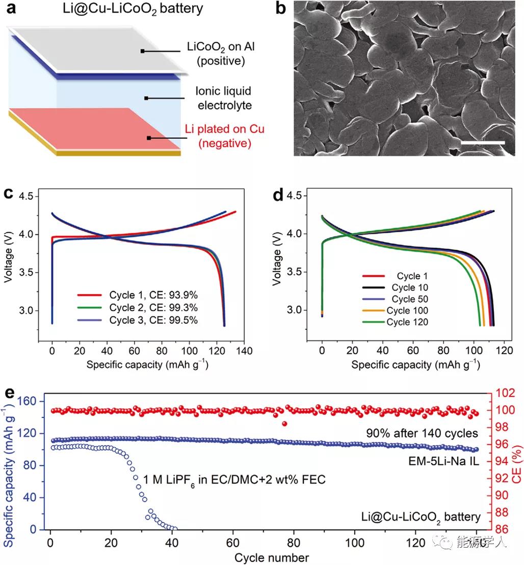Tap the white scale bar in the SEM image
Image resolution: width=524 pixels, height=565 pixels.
482,143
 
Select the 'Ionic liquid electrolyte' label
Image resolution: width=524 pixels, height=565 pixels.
223,98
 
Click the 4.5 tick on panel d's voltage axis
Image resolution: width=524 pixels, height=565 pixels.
302,196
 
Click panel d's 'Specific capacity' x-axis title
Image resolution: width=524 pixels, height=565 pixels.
415,365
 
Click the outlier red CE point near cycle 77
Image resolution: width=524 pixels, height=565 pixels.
284,424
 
